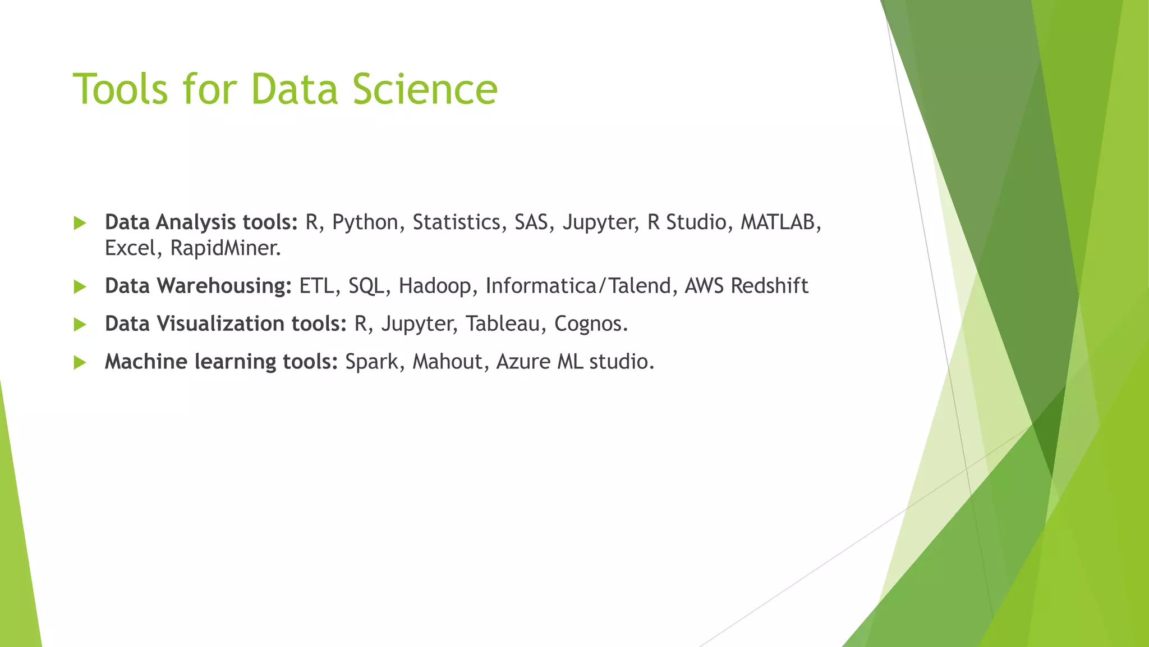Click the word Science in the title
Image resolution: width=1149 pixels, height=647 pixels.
425,89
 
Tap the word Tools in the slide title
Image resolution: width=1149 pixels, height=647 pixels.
121,89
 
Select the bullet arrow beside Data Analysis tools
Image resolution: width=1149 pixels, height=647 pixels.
80,224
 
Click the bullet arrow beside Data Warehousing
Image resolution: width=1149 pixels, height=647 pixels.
80,287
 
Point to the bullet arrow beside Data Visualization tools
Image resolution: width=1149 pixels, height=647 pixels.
80,325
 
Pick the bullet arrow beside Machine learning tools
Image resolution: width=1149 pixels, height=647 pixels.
80,363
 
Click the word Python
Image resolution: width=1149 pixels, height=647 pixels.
365,223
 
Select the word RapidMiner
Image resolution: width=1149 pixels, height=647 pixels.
224,248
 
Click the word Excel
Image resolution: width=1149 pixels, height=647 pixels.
129,248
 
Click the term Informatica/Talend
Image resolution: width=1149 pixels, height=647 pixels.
578,286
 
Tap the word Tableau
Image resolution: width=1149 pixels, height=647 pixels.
502,324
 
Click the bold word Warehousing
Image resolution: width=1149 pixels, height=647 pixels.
224,286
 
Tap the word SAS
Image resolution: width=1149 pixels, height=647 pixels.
531,222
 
